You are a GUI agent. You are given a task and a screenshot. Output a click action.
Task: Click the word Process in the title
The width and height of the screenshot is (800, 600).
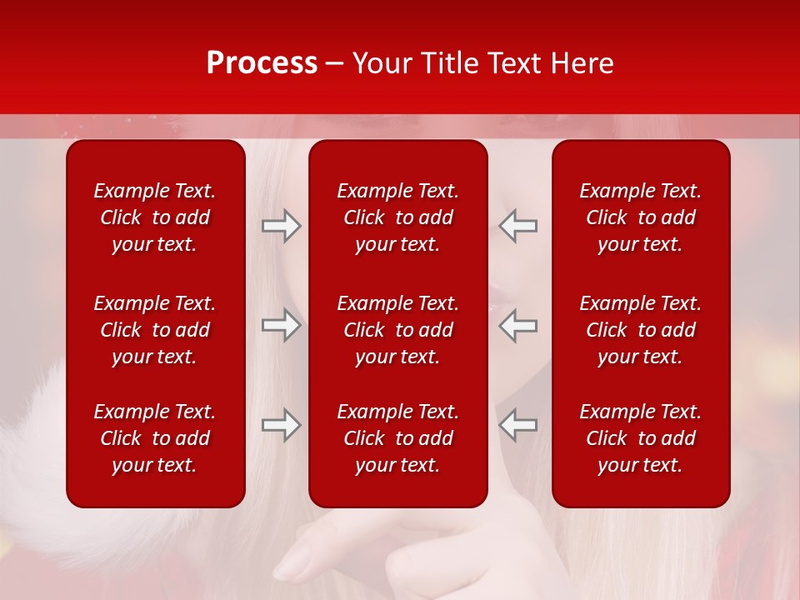262,63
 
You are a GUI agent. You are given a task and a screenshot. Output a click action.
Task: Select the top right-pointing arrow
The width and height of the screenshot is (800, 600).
282,226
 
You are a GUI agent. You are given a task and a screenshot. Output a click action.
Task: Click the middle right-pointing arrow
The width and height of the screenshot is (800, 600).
282,325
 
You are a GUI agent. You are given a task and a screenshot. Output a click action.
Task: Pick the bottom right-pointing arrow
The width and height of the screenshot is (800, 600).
282,425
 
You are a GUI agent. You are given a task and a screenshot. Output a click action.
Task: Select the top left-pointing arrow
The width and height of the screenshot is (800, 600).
517,226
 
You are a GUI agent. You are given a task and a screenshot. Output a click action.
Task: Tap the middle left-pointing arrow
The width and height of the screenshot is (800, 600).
517,325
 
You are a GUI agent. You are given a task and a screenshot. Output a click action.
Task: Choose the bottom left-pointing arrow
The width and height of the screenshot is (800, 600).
517,425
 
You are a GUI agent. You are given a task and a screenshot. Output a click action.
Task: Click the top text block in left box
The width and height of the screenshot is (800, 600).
155,217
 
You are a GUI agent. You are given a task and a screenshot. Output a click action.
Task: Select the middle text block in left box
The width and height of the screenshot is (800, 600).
155,330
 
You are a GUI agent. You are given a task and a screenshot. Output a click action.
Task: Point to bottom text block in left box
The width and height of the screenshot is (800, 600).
155,438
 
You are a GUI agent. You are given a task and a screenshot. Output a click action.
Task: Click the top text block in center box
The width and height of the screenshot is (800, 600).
398,217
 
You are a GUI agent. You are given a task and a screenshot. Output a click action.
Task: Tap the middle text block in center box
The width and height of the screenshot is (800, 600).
398,330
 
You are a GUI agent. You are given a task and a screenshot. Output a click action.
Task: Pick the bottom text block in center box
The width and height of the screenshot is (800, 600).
398,438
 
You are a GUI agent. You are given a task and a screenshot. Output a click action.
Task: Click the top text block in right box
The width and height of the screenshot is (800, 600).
641,217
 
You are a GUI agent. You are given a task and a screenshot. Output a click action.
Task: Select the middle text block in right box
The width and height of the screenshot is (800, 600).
641,330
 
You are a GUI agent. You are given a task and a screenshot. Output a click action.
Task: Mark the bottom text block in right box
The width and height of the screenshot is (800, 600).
641,438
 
